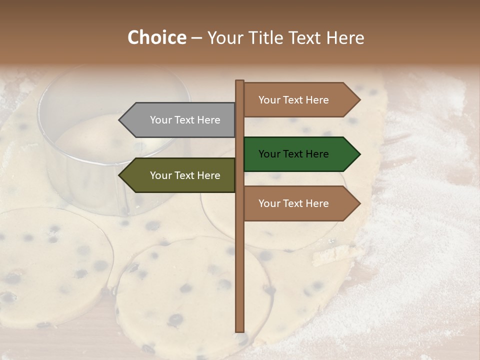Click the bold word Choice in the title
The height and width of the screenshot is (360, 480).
pyautogui.click(x=156, y=38)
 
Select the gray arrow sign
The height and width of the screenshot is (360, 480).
pyautogui.click(x=180, y=120)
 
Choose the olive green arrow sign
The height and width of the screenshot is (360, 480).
pyautogui.click(x=180, y=175)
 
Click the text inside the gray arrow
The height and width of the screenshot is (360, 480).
pyautogui.click(x=185, y=120)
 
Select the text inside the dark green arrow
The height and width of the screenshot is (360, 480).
pyautogui.click(x=293, y=154)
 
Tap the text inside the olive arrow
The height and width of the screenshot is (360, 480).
pyautogui.click(x=185, y=175)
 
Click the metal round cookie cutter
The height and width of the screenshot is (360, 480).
pyautogui.click(x=115, y=140)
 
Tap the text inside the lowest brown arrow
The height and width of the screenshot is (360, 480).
pyautogui.click(x=293, y=203)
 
